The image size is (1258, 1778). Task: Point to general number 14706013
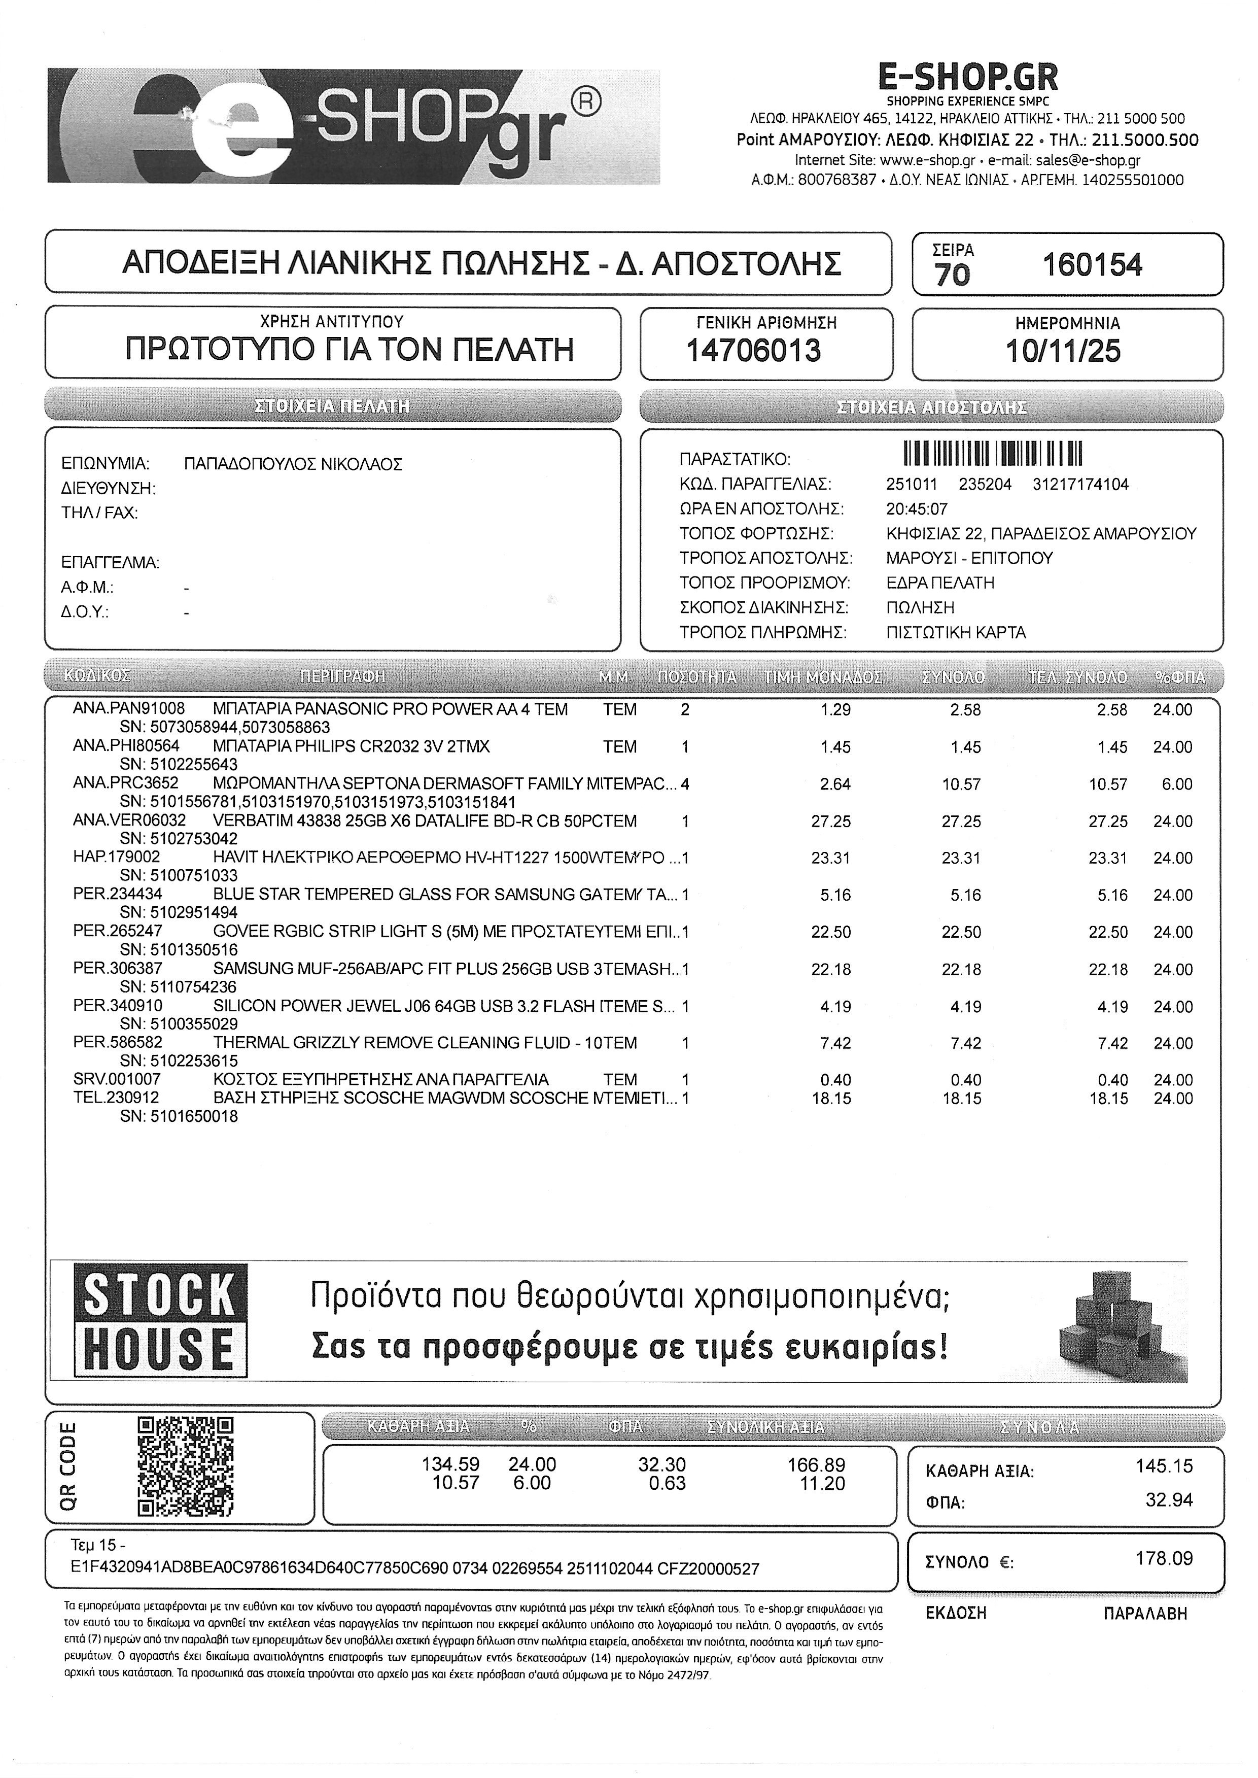754,351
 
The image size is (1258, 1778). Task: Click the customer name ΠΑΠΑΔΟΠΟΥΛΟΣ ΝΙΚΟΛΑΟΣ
294,465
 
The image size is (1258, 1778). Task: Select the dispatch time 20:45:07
917,509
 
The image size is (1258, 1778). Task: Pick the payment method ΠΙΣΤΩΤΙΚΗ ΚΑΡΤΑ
956,633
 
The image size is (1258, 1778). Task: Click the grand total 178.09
1164,1559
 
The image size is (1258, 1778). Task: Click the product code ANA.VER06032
129,821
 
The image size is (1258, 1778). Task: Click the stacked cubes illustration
1122,1326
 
